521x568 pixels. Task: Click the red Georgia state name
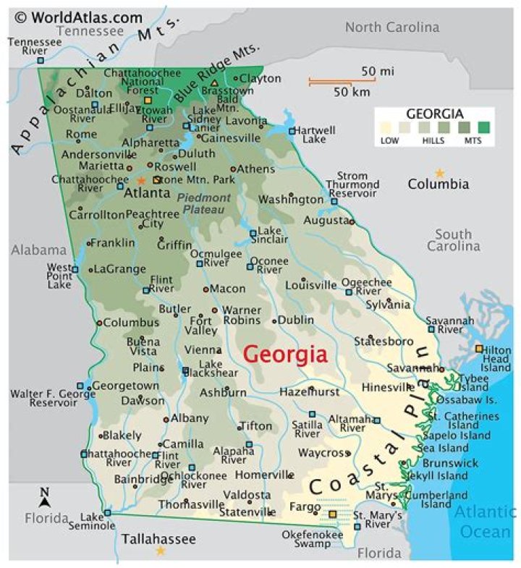tap(285, 355)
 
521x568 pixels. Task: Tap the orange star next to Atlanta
tap(141, 179)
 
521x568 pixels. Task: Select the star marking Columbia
tap(439, 172)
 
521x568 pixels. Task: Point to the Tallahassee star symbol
tap(160, 551)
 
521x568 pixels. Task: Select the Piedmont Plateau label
tap(204, 203)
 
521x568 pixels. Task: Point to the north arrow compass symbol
tap(45, 497)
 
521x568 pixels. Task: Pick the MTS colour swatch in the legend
tap(483, 128)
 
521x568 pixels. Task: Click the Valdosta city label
tap(247, 494)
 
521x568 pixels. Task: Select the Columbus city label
tap(130, 322)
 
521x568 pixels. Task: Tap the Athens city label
tap(255, 169)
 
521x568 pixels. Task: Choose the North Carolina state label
tap(391, 27)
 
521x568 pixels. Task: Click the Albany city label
tap(190, 417)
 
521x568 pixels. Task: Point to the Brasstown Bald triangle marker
tap(214, 82)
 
